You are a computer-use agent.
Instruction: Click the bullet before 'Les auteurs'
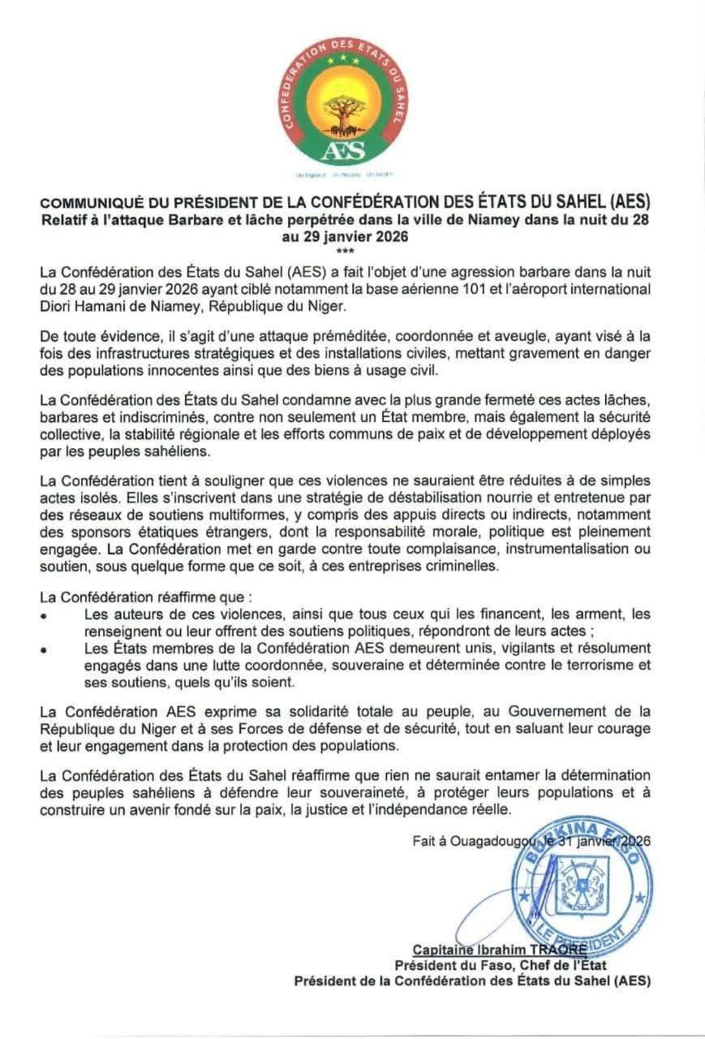coord(43,618)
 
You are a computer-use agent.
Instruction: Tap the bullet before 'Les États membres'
coord(43,651)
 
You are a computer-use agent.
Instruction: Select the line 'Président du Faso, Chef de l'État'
coord(500,966)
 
